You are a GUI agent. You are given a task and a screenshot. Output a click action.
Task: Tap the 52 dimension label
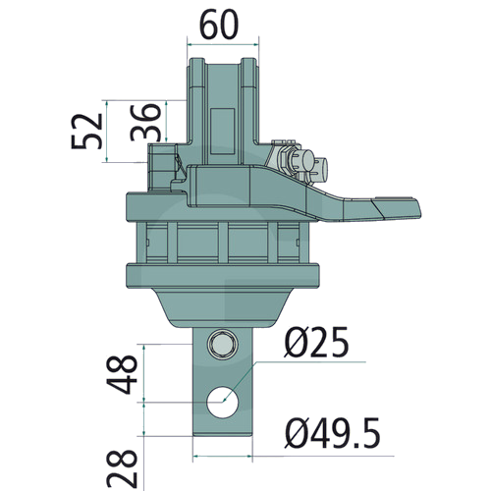[x=87, y=132]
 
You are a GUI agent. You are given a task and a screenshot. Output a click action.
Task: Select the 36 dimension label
[x=145, y=122]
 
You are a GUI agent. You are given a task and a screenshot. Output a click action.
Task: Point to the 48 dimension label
[x=122, y=374]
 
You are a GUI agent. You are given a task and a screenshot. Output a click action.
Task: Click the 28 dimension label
[x=122, y=468]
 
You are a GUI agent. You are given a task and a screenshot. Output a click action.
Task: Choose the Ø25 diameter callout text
[x=316, y=343]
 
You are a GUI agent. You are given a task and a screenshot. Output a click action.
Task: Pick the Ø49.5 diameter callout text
[x=333, y=433]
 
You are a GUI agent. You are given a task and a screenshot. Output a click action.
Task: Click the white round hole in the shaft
[x=223, y=402]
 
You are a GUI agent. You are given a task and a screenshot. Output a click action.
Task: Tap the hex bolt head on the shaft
[x=223, y=344]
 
